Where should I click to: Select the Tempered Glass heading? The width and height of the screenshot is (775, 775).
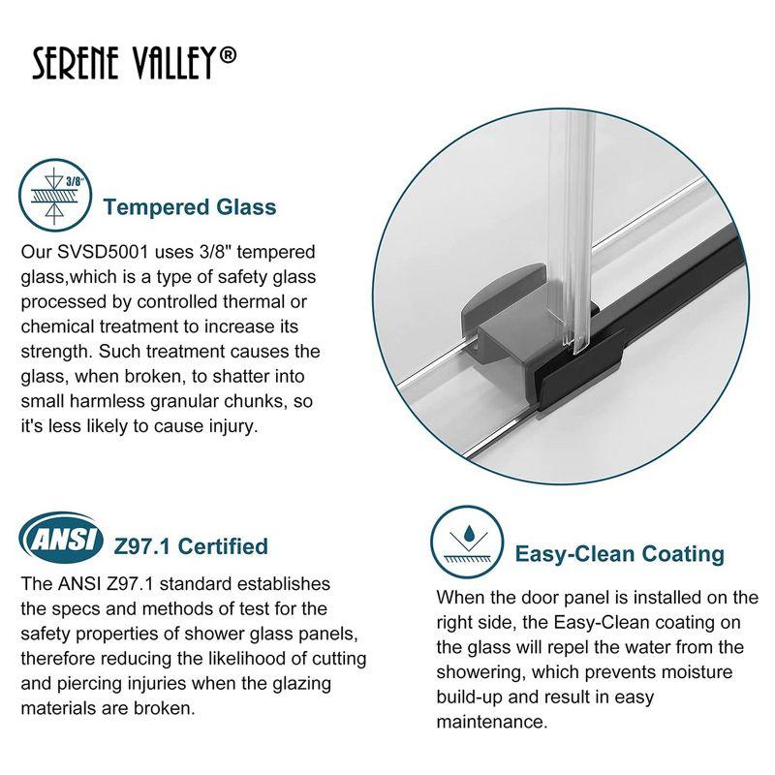pos(190,207)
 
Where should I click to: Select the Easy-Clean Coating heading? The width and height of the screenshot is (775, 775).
pos(619,554)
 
